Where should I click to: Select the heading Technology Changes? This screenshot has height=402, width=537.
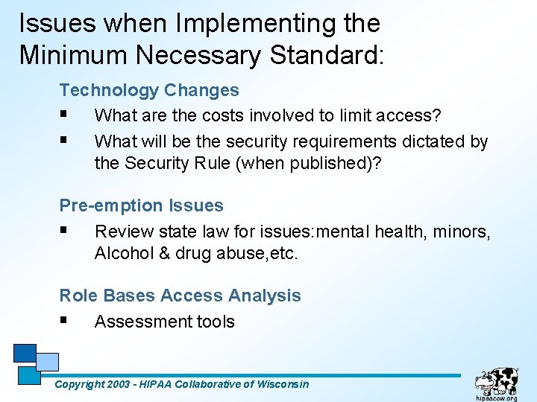[x=149, y=90]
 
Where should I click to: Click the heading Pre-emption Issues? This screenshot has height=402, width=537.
[x=141, y=205]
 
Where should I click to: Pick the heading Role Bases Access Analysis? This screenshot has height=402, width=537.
[x=180, y=296]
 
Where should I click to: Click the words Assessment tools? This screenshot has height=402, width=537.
[x=165, y=322]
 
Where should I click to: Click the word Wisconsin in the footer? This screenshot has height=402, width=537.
[x=282, y=384]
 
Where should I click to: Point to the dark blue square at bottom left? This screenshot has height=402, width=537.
[x=24, y=352]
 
